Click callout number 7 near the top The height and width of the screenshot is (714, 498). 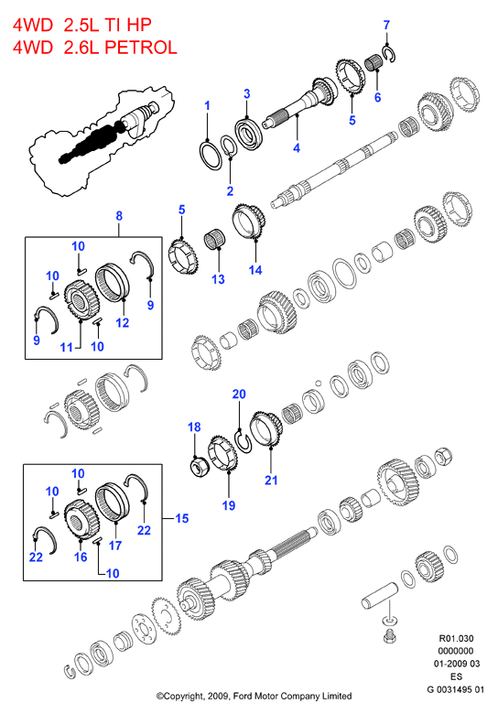386,25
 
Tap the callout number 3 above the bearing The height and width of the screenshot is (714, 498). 247,93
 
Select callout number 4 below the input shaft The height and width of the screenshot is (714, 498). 297,147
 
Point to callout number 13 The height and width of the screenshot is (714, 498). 218,279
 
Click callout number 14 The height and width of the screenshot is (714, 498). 255,270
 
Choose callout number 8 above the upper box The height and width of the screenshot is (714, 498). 119,215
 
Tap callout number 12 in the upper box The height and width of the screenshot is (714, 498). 123,323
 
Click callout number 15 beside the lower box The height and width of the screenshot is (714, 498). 181,518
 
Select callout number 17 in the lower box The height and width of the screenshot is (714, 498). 115,545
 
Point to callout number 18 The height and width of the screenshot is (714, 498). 194,427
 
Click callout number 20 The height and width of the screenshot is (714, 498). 239,394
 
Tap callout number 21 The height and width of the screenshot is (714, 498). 271,480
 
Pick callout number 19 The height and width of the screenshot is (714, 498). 229,505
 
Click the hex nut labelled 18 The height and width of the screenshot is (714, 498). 199,467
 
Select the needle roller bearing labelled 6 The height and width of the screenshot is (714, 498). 375,63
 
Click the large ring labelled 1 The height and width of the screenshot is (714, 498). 211,155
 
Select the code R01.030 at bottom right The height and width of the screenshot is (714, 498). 456,638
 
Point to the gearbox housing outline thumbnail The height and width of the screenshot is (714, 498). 103,142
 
